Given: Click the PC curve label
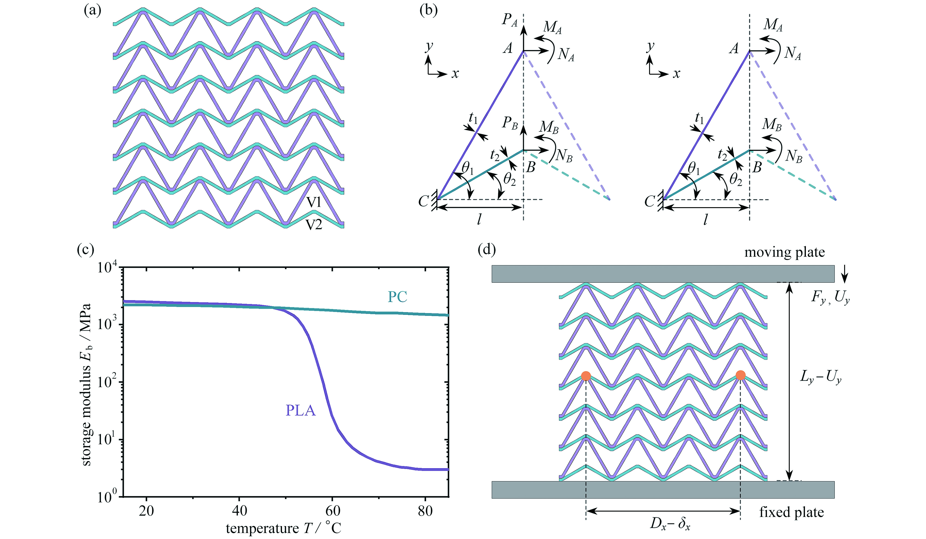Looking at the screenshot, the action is click(x=397, y=297).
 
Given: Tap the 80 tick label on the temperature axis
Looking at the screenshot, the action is click(x=425, y=511).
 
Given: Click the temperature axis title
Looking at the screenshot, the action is click(x=283, y=528).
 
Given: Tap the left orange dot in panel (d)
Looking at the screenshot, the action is click(x=586, y=376).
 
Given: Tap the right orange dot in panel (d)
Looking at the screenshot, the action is click(x=740, y=375).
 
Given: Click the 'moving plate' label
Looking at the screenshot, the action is click(x=784, y=252).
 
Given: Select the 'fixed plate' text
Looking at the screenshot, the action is click(x=792, y=512).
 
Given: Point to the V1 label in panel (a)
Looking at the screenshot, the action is click(x=314, y=202).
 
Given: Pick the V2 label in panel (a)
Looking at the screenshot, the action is click(x=314, y=224).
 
